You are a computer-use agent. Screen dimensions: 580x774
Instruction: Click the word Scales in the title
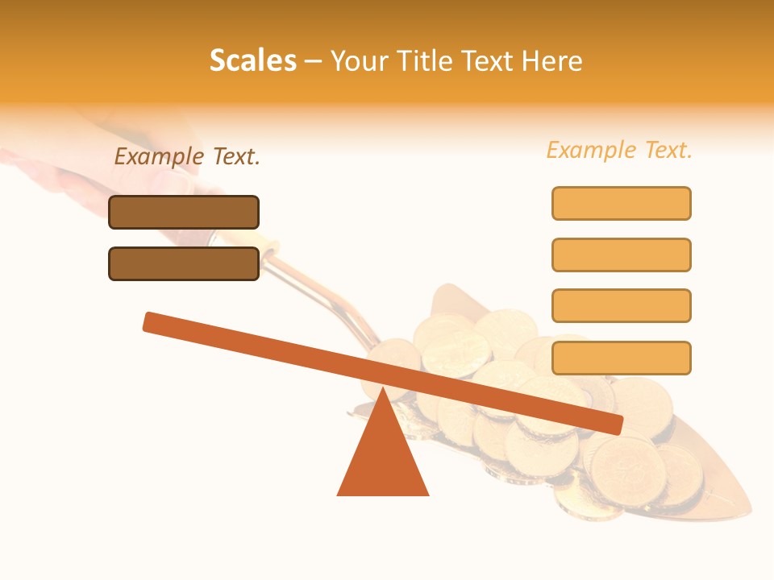click(252, 60)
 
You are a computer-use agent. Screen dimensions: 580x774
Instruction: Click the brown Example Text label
click(187, 157)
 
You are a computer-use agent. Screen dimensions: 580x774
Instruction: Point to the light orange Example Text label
click(619, 150)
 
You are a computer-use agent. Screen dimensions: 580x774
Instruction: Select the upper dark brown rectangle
click(184, 212)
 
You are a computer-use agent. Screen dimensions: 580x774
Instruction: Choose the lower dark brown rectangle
click(184, 263)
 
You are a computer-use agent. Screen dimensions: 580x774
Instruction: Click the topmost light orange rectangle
click(621, 203)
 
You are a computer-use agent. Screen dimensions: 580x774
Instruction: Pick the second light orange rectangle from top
click(621, 255)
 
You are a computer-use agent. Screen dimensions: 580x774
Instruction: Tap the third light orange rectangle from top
click(621, 306)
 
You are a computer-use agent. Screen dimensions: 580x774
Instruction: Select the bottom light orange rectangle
click(621, 358)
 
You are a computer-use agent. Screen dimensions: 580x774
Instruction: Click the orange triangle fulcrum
click(383, 459)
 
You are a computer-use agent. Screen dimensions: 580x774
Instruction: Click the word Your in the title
click(356, 60)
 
